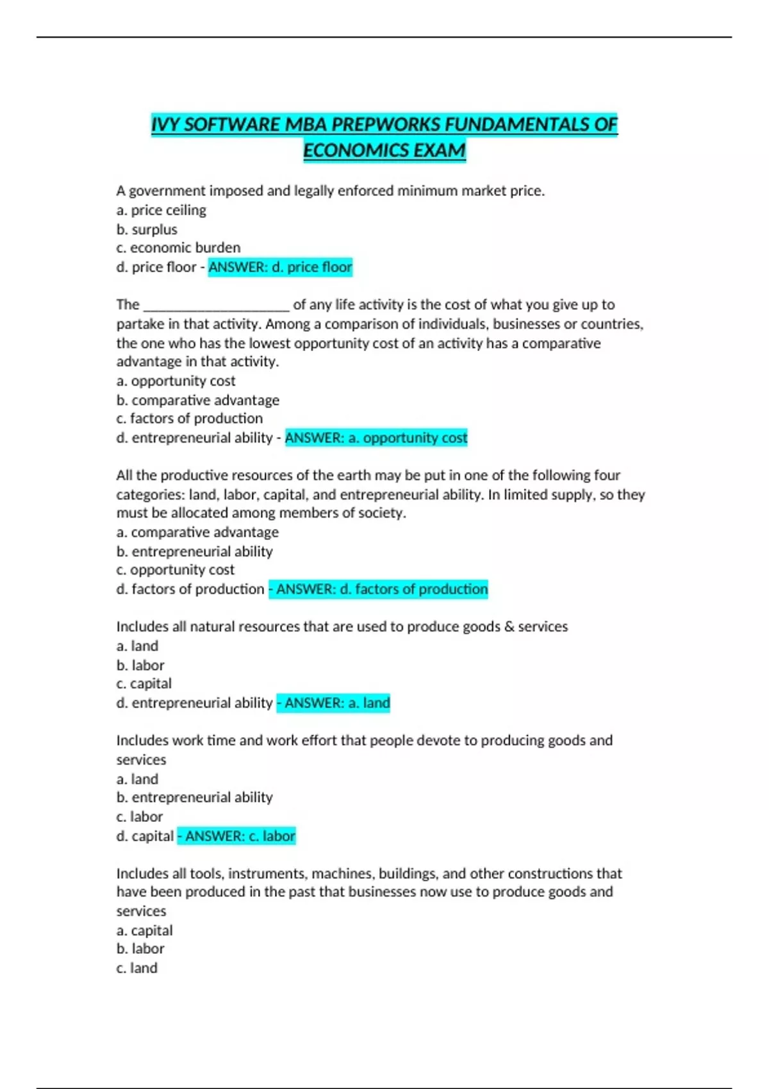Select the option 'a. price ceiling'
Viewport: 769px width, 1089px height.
click(161, 210)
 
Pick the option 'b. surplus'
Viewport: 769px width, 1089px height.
click(147, 229)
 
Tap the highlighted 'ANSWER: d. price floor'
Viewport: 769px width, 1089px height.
click(280, 267)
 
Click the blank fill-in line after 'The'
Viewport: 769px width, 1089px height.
click(217, 305)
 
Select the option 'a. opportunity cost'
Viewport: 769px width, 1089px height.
click(176, 381)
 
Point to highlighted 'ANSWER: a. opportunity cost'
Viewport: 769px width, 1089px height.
click(376, 438)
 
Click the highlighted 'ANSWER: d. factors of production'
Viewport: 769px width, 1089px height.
click(378, 589)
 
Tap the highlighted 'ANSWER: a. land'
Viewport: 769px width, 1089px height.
click(333, 703)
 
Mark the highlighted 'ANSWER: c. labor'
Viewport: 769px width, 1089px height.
click(236, 837)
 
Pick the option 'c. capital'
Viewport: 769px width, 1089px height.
click(144, 684)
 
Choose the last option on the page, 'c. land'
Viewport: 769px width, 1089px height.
click(136, 968)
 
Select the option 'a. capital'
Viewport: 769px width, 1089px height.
click(144, 930)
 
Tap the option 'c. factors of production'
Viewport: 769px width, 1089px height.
click(189, 418)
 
